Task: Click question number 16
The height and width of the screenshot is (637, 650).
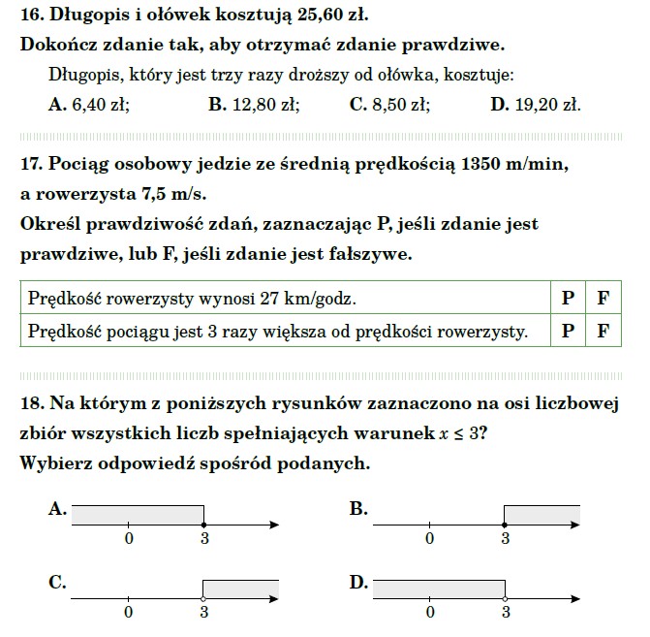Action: click(30, 16)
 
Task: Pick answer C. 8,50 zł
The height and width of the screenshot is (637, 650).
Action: click(389, 105)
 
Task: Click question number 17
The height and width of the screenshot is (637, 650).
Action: click(30, 165)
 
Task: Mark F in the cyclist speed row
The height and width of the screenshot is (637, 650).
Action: click(603, 299)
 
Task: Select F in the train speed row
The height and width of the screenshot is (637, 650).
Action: click(603, 332)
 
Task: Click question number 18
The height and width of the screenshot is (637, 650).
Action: click(30, 403)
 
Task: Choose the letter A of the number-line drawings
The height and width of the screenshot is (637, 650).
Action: click(57, 507)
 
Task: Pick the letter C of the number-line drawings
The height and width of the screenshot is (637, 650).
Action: click(57, 582)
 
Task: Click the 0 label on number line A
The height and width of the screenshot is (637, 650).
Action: click(128, 539)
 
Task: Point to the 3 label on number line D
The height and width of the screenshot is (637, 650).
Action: click(505, 614)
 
